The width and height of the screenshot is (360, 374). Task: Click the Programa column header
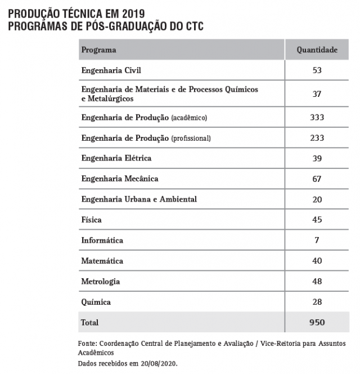[98, 50]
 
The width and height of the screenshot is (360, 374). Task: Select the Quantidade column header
[317, 50]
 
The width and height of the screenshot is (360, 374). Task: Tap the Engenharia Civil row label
[111, 70]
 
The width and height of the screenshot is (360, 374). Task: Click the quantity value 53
[317, 70]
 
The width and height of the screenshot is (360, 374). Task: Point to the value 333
[317, 117]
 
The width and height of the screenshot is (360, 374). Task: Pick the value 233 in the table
[317, 138]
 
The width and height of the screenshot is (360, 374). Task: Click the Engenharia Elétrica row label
[116, 158]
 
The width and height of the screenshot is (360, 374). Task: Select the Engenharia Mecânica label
[120, 179]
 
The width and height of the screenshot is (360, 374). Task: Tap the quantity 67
[317, 179]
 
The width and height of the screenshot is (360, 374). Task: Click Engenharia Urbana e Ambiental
[139, 199]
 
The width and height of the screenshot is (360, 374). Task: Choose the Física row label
[92, 220]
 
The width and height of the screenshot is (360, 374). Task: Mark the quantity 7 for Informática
[317, 241]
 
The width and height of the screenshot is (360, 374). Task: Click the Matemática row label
[102, 261]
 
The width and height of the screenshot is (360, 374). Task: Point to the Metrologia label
[101, 282]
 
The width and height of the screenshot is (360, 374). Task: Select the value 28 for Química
[317, 302]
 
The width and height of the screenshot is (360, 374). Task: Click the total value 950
[317, 323]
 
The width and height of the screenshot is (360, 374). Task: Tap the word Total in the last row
[90, 323]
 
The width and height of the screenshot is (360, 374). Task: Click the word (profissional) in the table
[191, 138]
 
